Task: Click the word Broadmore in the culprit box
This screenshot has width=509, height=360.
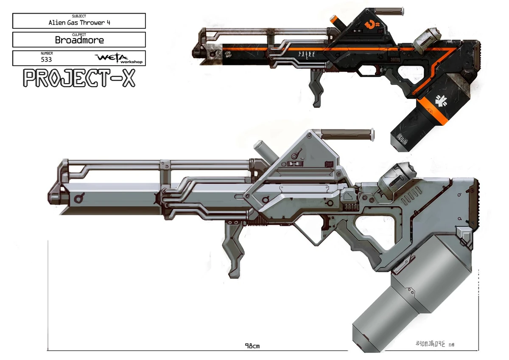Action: click(x=79, y=40)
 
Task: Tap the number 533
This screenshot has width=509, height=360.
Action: click(x=46, y=59)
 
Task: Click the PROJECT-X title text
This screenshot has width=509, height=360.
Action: click(x=79, y=78)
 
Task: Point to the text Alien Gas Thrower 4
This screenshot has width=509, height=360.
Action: click(x=79, y=23)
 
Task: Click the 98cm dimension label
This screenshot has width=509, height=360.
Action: click(x=252, y=346)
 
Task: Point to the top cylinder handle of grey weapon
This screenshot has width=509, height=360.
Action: click(x=347, y=133)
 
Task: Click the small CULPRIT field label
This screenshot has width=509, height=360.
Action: click(x=79, y=34)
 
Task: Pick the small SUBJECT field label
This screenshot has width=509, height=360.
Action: click(x=79, y=16)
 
